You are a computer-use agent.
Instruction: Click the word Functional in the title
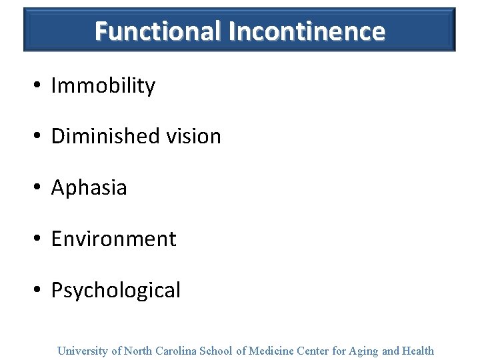[x=158, y=31]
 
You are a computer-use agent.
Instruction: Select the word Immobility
[x=103, y=86]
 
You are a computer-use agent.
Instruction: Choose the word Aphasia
[x=89, y=188]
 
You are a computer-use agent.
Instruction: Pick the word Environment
[x=113, y=239]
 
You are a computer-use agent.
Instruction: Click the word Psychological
[x=115, y=291]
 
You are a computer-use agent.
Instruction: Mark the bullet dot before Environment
[x=39, y=239]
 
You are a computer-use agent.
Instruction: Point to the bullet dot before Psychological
[x=39, y=291]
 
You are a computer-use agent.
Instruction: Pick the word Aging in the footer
[x=363, y=351]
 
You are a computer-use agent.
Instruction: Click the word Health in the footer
[x=417, y=351]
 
